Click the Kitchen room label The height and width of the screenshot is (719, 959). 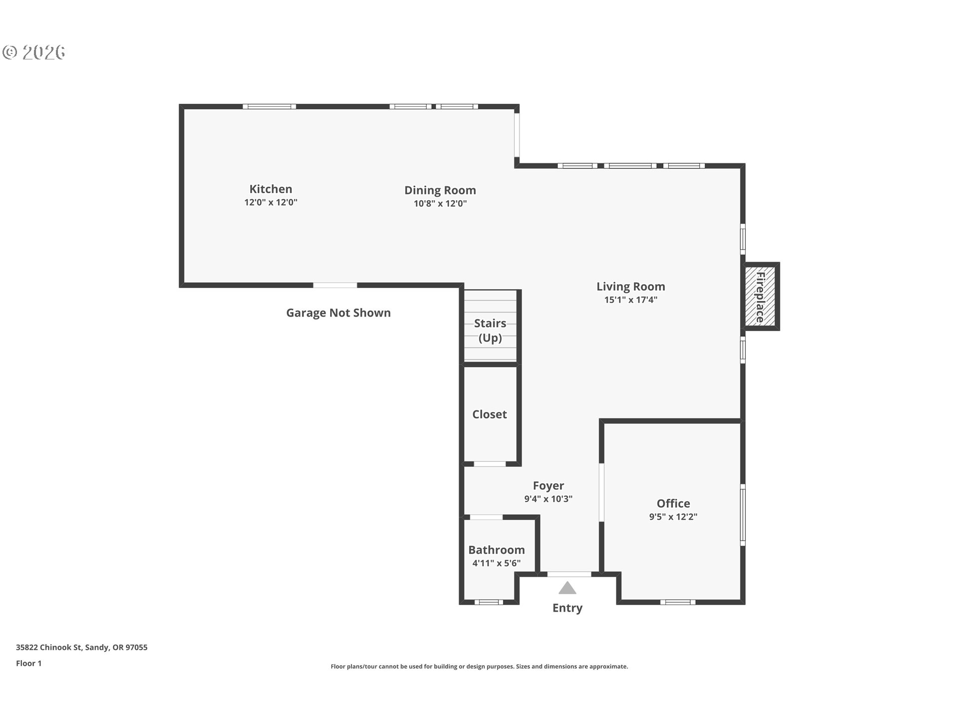point(271,189)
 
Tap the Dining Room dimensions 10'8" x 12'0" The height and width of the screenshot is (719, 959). point(440,204)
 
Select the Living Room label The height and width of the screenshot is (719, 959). point(630,287)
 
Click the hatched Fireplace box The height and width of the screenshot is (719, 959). point(760,297)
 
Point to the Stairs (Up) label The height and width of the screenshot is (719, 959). point(490,331)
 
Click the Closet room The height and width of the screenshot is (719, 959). point(489,414)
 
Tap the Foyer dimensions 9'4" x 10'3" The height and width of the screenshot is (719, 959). point(548,499)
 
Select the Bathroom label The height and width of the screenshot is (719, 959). point(496,550)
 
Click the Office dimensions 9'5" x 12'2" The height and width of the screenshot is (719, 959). point(673,517)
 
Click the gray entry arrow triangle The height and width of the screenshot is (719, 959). point(567,588)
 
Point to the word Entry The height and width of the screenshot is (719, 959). point(567,608)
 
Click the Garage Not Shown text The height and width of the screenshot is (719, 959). point(338,313)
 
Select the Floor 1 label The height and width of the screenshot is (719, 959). point(28,664)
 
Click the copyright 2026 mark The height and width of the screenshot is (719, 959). point(34,52)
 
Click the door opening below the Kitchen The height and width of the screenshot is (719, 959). point(335,285)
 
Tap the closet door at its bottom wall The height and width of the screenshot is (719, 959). point(489,464)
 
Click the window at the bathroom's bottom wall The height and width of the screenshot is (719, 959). point(488,602)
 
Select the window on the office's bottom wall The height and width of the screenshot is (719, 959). point(677,602)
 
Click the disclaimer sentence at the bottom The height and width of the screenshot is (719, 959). point(479,667)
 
